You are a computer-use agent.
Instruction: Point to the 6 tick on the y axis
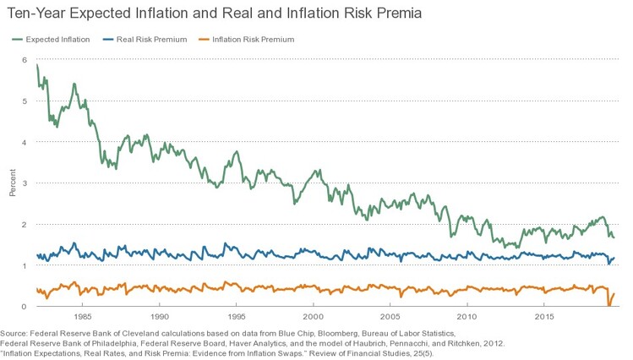click(x=25, y=60)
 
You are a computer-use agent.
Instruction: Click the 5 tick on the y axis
click(x=25, y=101)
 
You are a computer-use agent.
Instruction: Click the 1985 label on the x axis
click(x=82, y=318)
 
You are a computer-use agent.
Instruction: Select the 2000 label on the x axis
click(x=314, y=318)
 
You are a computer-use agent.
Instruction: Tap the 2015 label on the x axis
click(x=545, y=318)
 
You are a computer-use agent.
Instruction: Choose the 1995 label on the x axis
click(x=237, y=318)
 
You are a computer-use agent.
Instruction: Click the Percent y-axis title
click(x=12, y=183)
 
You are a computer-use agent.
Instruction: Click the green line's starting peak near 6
click(x=36, y=64)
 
